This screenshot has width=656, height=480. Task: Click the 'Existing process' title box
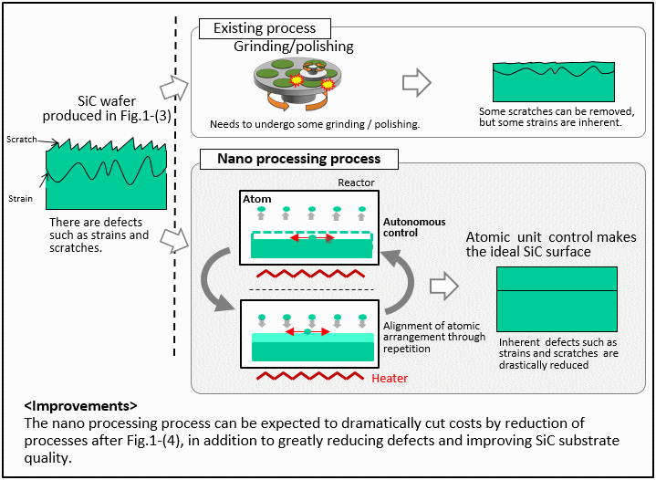[x=265, y=28]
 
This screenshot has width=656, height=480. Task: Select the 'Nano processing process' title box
[x=298, y=159]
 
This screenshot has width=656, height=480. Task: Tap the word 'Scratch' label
[x=22, y=140]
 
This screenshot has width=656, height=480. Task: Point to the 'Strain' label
[x=20, y=198]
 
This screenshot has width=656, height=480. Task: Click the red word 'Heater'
[x=390, y=379]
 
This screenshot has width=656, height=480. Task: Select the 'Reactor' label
[x=356, y=183]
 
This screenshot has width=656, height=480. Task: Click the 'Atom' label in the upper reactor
[x=257, y=199]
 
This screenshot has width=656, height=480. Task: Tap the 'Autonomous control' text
[x=414, y=227]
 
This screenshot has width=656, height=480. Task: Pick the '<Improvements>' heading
[x=80, y=405]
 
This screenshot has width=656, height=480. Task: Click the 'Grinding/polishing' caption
[x=293, y=46]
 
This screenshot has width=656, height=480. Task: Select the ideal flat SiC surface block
[x=557, y=299]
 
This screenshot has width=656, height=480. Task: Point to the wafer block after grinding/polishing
[x=554, y=82]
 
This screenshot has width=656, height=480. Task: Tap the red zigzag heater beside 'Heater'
[x=310, y=375]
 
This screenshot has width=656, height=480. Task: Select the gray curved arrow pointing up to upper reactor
[x=402, y=280]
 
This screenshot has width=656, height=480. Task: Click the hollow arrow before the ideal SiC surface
[x=444, y=286]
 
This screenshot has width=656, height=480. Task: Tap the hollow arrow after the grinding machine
[x=416, y=82]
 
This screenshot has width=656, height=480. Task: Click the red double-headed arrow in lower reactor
[x=307, y=332]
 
